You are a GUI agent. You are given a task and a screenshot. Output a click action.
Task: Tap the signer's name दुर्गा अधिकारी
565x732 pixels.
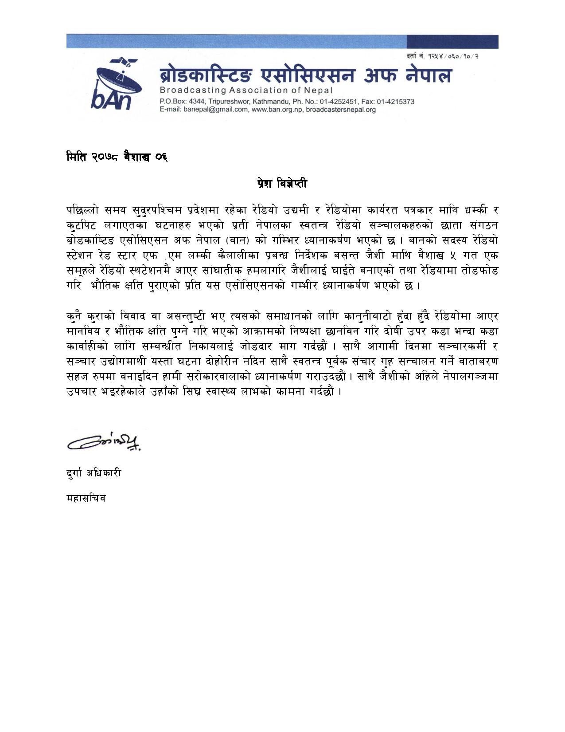pyautogui.click(x=94, y=473)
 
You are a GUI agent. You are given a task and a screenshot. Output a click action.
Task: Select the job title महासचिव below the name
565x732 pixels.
pyautogui.click(x=86, y=498)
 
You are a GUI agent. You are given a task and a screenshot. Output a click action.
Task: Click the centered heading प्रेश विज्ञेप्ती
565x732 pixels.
pyautogui.click(x=282, y=183)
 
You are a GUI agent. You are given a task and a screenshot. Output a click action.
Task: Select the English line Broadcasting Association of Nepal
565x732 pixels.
pyautogui.click(x=246, y=90)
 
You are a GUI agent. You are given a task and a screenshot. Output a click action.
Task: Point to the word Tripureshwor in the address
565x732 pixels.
pyautogui.click(x=230, y=102)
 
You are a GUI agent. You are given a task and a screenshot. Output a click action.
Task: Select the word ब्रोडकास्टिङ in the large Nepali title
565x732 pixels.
pyautogui.click(x=207, y=75)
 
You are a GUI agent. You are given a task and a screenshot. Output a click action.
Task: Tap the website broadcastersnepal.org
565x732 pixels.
pyautogui.click(x=341, y=110)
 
